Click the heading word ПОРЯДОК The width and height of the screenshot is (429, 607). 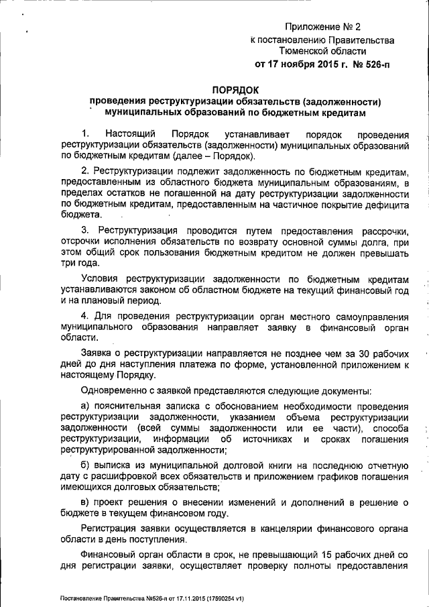(235, 89)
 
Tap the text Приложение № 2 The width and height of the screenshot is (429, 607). (322, 27)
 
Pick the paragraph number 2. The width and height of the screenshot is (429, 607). (84, 172)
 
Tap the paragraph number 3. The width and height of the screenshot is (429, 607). (84, 230)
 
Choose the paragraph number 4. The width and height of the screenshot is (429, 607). (84, 315)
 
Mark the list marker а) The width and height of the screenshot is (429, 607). (85, 406)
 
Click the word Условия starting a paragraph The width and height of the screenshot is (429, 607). (101, 278)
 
